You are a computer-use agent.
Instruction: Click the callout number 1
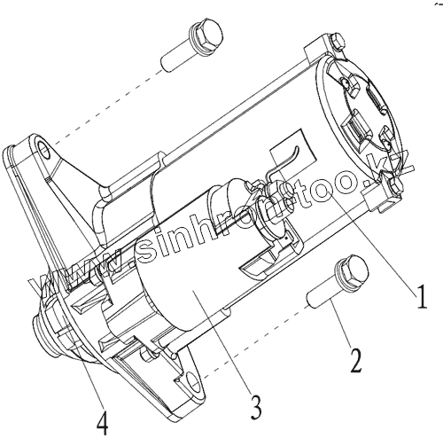[421, 296]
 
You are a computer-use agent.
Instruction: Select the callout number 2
[356, 360]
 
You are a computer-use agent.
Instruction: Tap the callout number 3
[256, 407]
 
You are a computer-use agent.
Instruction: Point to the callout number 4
[102, 423]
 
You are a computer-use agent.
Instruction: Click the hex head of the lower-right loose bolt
[353, 270]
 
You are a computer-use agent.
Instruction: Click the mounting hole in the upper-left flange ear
[44, 150]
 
